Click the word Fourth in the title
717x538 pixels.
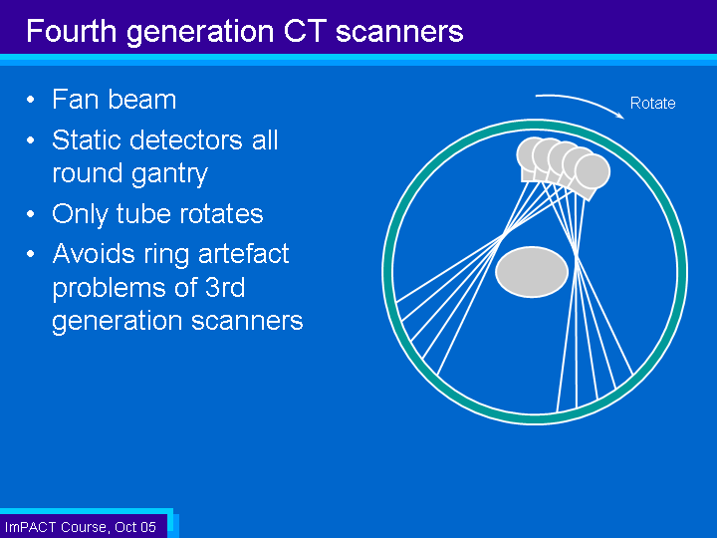tap(72, 31)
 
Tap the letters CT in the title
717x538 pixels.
tap(305, 31)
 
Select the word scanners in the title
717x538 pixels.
tap(399, 32)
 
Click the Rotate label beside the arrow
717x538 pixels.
tap(652, 103)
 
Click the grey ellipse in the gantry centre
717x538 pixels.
tap(532, 272)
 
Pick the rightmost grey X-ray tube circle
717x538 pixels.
tap(593, 172)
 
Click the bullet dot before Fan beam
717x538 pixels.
tap(31, 100)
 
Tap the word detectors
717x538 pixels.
tap(185, 139)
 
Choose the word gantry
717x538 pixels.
tap(168, 174)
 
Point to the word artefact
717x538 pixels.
tap(243, 253)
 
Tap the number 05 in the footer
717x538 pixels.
tap(147, 527)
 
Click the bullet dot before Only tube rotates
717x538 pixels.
tap(31, 213)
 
